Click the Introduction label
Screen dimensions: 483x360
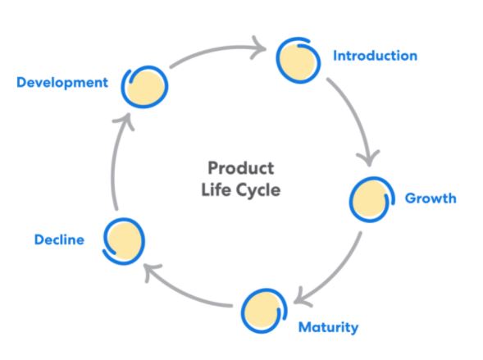coord(376,56)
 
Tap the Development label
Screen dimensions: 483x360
coord(62,83)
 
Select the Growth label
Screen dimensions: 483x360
coord(431,198)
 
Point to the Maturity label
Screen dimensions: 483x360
coord(328,328)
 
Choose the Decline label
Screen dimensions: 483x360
coord(59,239)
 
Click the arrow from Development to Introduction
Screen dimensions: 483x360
coord(216,49)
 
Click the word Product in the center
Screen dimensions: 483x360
coord(241,168)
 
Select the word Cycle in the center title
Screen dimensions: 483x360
coord(258,190)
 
